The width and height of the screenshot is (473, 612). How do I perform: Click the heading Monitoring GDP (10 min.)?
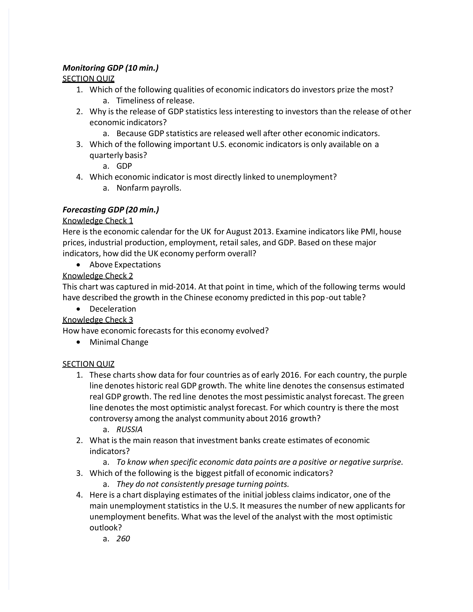point(111,68)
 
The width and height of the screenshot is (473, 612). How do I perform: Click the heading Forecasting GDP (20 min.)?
point(111,210)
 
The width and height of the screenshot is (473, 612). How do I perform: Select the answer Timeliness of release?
point(155,101)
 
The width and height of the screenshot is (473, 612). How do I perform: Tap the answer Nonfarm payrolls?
point(149,188)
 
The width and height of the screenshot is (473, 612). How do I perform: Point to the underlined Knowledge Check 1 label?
point(98,221)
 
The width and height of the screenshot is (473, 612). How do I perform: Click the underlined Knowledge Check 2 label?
point(98,276)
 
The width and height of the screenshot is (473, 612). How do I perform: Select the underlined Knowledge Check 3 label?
point(98,320)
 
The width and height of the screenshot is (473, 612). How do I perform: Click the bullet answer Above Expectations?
point(125,265)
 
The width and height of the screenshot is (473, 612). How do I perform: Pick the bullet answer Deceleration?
point(113,309)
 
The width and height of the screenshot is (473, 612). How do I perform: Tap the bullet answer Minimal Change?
point(119,342)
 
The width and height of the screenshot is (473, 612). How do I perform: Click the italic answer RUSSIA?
point(129,429)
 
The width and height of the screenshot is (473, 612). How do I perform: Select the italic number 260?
point(123,538)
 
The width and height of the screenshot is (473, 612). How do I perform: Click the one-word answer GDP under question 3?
point(124,166)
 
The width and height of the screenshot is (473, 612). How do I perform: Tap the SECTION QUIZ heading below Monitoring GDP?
point(88,79)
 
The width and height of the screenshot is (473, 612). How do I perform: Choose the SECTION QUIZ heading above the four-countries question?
point(88,364)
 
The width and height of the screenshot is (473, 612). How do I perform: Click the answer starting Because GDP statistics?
point(248,133)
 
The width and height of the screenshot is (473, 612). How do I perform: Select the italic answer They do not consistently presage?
point(202,484)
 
